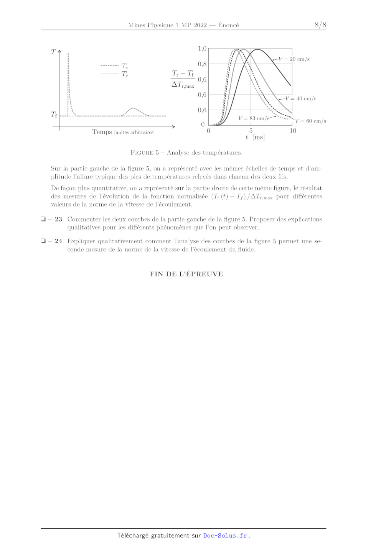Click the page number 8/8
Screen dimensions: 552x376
click(x=320, y=25)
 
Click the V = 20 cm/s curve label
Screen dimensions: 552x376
click(x=294, y=59)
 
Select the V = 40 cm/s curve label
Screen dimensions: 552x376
click(x=301, y=98)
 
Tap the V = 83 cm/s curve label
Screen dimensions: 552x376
click(x=254, y=118)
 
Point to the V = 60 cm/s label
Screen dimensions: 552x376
click(x=310, y=121)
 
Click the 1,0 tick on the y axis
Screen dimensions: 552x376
click(x=202, y=49)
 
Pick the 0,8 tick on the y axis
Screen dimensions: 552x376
click(x=202, y=64)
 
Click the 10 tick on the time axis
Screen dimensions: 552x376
click(x=293, y=131)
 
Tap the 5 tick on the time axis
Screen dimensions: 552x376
click(x=251, y=131)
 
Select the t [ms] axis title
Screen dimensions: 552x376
click(x=255, y=137)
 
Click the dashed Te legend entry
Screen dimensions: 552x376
click(x=115, y=66)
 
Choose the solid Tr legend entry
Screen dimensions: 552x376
click(x=115, y=74)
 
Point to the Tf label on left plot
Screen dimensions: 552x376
click(x=54, y=114)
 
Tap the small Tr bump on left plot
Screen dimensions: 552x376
click(x=133, y=111)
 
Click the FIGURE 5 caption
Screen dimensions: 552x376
click(x=186, y=152)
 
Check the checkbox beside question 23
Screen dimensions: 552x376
click(x=43, y=219)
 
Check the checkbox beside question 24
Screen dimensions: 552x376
click(x=43, y=241)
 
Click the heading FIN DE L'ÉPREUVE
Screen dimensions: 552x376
click(x=186, y=274)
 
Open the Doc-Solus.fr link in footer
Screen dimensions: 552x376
click(x=225, y=536)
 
